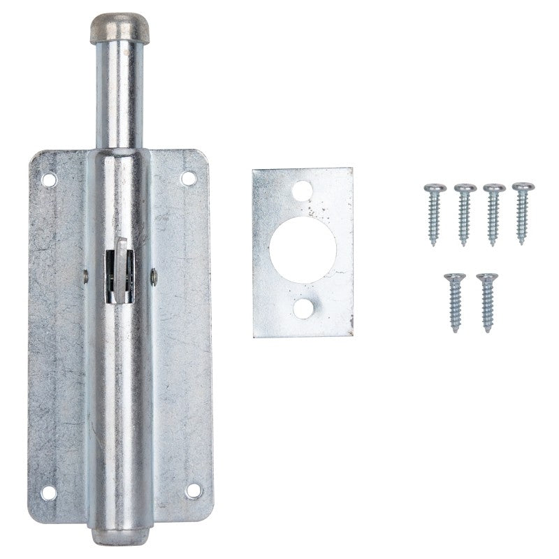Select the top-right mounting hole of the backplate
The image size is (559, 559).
[x=188, y=179]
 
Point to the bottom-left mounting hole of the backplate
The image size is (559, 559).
[x=48, y=493]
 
